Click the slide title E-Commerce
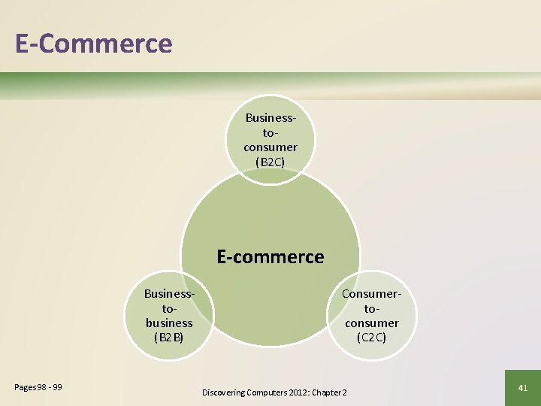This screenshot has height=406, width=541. (94, 43)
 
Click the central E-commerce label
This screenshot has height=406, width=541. (270, 256)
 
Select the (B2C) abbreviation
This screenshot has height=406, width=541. (270, 162)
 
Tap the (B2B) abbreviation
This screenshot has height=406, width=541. (169, 338)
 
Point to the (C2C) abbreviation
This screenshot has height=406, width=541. (372, 338)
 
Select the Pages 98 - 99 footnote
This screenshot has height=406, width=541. (38, 387)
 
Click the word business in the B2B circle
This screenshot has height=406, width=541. (169, 323)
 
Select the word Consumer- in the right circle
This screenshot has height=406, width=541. (372, 293)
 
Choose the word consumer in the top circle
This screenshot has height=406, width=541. (270, 147)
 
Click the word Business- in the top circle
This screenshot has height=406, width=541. (270, 118)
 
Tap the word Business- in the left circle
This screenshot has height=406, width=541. (169, 293)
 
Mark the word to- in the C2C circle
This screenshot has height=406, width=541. (372, 308)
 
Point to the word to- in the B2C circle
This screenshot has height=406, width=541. (270, 132)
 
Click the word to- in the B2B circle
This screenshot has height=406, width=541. (169, 308)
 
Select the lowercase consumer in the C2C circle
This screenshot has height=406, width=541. (372, 323)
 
